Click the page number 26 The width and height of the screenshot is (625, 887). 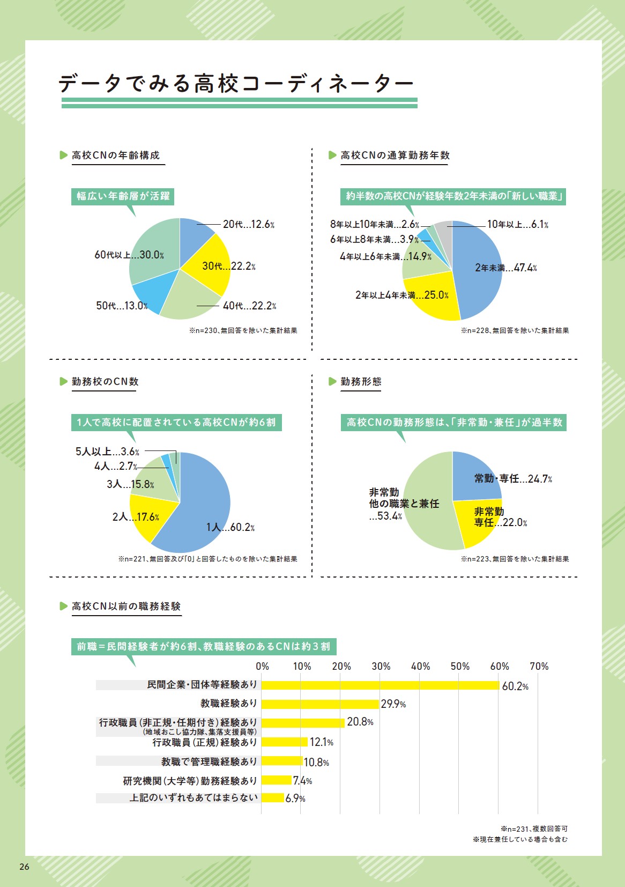pos(24,867)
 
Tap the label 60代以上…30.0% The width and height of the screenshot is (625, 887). pos(129,255)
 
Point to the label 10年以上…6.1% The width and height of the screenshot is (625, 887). pos(517,225)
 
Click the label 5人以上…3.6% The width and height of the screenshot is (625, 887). pos(107,452)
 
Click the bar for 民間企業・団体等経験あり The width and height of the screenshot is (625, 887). pos(380,685)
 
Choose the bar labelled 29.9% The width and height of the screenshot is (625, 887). pos(320,704)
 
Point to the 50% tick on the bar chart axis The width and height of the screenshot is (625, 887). pos(460,666)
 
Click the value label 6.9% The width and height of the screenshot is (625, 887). pos(295,799)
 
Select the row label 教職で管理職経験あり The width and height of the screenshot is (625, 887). pos(209,762)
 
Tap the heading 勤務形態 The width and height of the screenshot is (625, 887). pos(361,381)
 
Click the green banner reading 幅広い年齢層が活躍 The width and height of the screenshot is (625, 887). pos(123,196)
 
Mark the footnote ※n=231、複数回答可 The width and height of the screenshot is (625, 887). pos(534,829)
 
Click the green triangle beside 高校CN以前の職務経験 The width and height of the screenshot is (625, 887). pos(63,606)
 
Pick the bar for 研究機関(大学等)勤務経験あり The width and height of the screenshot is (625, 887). pos(276,780)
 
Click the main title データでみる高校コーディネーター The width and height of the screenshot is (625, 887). pos(236,83)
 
